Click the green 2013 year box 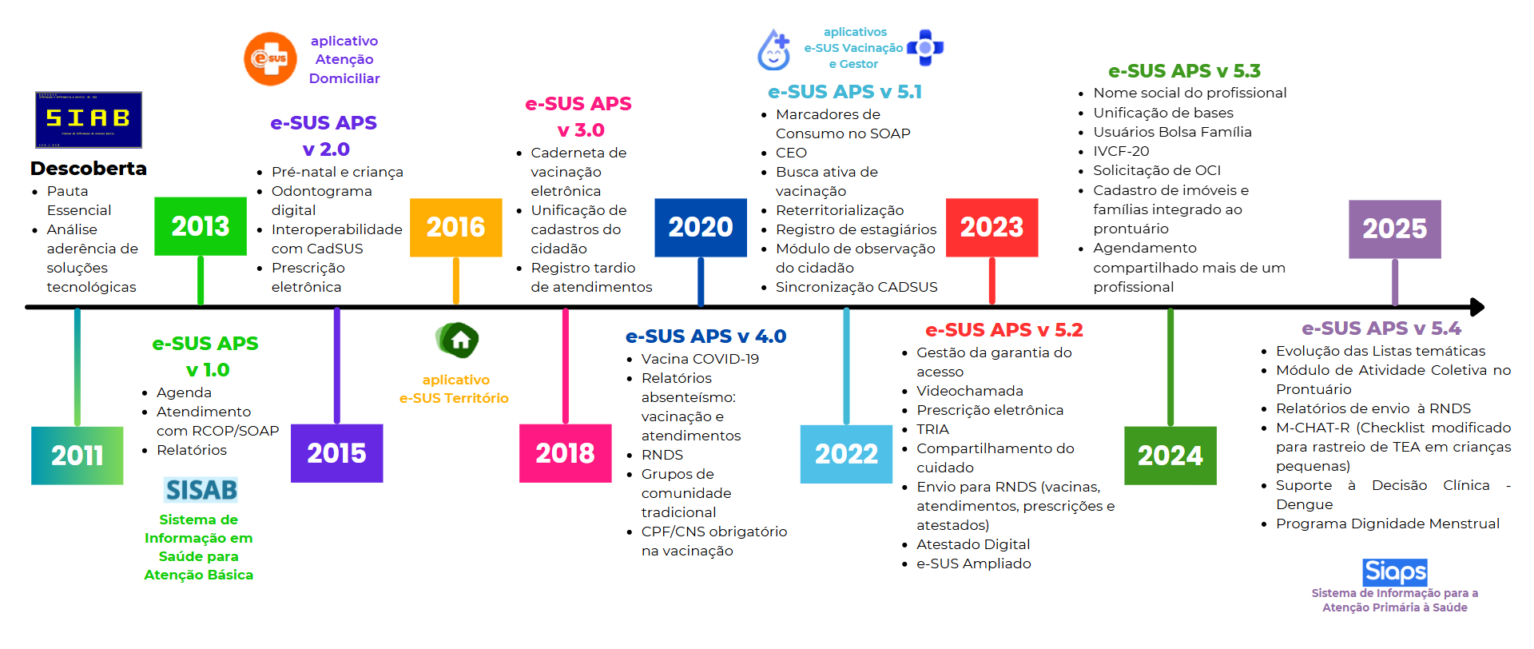(x=201, y=226)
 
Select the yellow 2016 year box (x=456, y=228)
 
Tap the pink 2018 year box (x=566, y=453)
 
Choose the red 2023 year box (x=992, y=228)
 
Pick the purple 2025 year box (x=1395, y=229)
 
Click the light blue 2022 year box (x=847, y=455)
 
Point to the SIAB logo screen (x=89, y=120)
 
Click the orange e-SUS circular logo (x=270, y=58)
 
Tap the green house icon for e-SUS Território (x=457, y=340)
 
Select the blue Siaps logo (x=1395, y=572)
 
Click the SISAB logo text (x=201, y=490)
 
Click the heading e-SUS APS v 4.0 (x=705, y=336)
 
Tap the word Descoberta (x=89, y=169)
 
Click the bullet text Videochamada (x=970, y=391)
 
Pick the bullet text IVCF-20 (x=1121, y=151)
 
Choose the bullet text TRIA (x=932, y=429)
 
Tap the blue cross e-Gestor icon (x=925, y=48)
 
